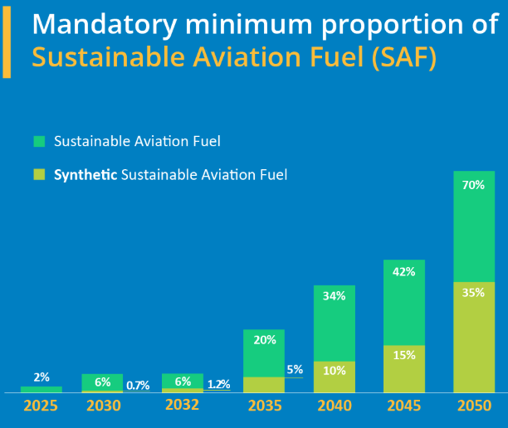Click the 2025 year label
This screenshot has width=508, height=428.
pos(41,406)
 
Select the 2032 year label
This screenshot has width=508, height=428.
pos(182,406)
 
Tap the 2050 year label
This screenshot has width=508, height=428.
pos(474,406)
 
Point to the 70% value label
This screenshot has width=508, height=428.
pos(473,185)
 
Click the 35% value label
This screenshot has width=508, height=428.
pos(473,292)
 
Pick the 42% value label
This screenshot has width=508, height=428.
pos(403,271)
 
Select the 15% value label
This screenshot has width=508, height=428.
pos(403,355)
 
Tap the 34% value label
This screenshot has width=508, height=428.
pos(334,296)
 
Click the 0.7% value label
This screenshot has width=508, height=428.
pos(138,385)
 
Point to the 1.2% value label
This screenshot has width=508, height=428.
pos(218,384)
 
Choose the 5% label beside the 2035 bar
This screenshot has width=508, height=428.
pos(295,370)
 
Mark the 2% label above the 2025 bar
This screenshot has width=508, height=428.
pos(41,377)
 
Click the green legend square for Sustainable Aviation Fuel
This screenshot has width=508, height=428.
pos(39,141)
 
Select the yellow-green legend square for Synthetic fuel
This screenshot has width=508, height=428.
pos(39,175)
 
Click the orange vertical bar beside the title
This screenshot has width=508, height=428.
pos(7,41)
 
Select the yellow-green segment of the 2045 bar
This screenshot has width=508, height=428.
pos(403,368)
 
